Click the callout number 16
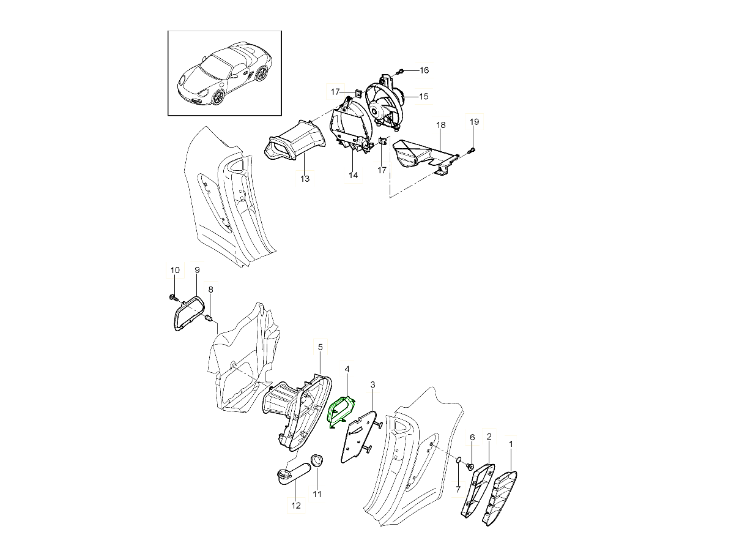(x=424, y=70)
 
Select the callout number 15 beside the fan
(x=424, y=96)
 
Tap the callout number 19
(x=474, y=122)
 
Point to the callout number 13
(x=305, y=179)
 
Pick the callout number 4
(x=347, y=369)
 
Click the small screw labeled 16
(x=400, y=71)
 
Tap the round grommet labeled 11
(x=317, y=460)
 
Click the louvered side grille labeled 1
(x=500, y=498)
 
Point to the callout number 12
(x=296, y=506)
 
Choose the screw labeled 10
(x=173, y=297)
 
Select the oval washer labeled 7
(x=458, y=462)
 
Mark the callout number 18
(x=441, y=125)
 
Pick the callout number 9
(x=197, y=270)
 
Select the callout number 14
(x=353, y=175)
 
